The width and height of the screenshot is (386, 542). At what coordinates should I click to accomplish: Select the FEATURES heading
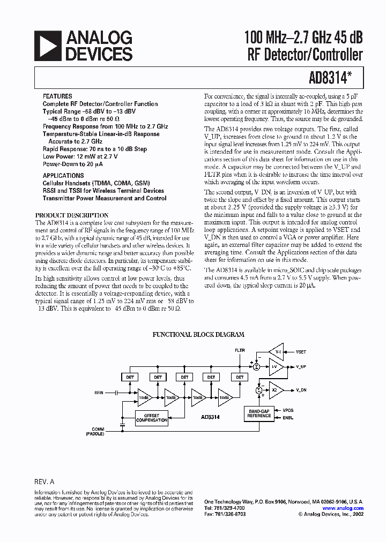pyautogui.click(x=57, y=96)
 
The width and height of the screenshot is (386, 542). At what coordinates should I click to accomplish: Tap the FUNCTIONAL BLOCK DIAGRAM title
pyautogui.click(x=198, y=335)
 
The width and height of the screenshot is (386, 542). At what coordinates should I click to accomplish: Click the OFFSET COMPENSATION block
pyautogui.click(x=152, y=418)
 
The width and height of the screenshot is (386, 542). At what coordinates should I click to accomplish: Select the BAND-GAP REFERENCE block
pyautogui.click(x=258, y=413)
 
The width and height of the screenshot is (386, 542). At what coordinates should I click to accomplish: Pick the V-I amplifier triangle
pyautogui.click(x=276, y=352)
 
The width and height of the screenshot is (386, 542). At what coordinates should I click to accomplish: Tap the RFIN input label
pyautogui.click(x=99, y=393)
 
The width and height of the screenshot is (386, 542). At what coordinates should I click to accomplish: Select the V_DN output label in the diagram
pyautogui.click(x=302, y=391)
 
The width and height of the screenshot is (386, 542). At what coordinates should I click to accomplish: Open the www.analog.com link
pyautogui.click(x=343, y=508)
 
